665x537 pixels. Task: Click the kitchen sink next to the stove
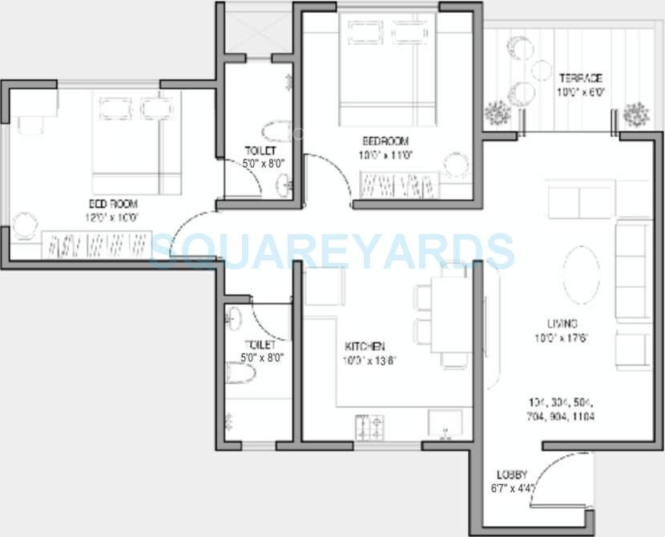[x=445, y=422]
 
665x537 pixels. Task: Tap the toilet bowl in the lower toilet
[x=242, y=373]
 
